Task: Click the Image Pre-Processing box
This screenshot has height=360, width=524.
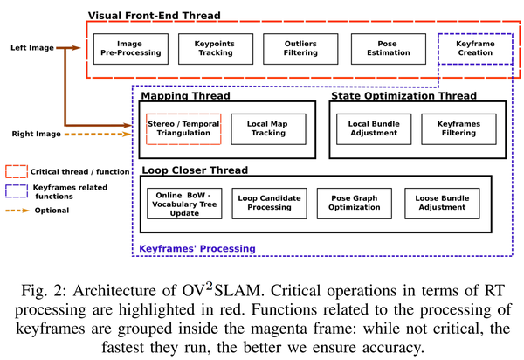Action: coord(131,47)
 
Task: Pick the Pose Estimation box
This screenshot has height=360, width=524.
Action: coord(386,47)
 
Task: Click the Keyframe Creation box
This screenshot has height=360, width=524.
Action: coord(475,47)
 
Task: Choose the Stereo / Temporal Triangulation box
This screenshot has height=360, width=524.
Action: coord(183,129)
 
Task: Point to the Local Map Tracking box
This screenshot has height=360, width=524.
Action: coord(268,129)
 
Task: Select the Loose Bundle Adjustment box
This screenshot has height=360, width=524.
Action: coord(440,204)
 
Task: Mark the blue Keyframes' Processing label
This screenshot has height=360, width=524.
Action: coord(198,248)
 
